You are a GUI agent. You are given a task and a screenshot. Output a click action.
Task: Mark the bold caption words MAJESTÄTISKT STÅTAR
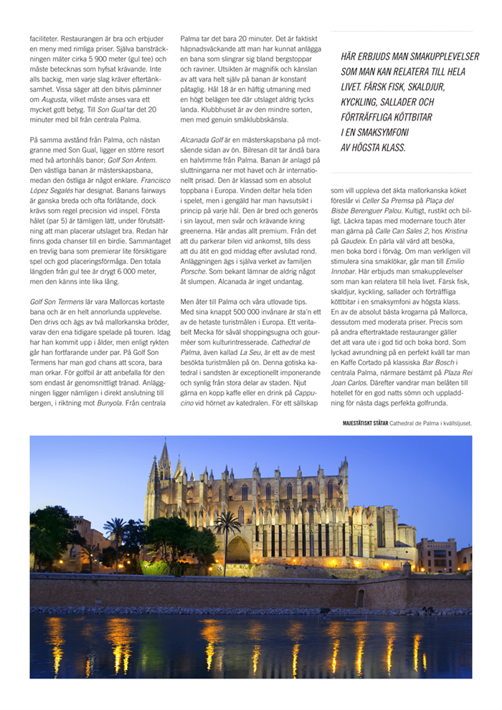(366, 423)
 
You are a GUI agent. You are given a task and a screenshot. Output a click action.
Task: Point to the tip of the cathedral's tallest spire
(164, 443)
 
